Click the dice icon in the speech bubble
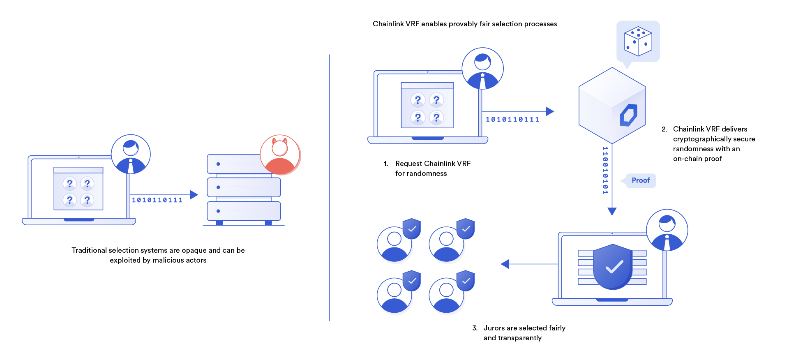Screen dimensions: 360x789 (638, 41)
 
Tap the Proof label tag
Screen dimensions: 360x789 (640, 180)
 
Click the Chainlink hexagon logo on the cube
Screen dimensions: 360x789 (629, 115)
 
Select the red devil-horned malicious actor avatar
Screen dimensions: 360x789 (280, 155)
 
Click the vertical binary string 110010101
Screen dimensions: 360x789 (605, 170)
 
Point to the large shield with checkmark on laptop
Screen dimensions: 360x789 (612, 267)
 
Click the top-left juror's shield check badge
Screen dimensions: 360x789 (412, 228)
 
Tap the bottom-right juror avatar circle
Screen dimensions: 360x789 (446, 295)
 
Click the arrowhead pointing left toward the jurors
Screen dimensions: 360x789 (505, 264)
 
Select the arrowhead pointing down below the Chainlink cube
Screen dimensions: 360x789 (612, 212)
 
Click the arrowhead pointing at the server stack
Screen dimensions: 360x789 (194, 195)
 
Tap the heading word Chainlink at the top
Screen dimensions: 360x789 (388, 24)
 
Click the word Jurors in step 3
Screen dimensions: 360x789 (494, 328)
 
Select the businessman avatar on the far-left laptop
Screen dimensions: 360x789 (131, 155)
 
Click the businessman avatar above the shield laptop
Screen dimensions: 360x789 (667, 230)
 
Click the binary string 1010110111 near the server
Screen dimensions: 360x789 (157, 200)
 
